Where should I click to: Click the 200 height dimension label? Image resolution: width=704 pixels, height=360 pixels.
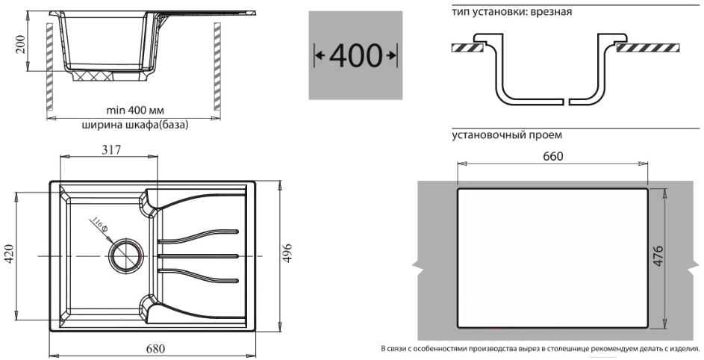tap(21, 43)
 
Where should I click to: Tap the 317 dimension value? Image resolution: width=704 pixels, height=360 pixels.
tap(111, 149)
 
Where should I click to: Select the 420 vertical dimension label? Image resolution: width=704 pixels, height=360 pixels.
tap(9, 254)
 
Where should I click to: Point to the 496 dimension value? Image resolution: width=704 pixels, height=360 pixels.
tap(287, 254)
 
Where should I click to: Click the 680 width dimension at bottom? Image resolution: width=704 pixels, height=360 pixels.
tap(155, 348)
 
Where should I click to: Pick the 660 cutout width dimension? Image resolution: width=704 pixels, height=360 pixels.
tap(552, 156)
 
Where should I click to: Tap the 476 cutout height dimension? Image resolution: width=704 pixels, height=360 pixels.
tap(658, 256)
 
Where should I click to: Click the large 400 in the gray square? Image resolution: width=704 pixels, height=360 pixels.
tap(355, 55)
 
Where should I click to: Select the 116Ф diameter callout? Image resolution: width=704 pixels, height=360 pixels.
tap(100, 226)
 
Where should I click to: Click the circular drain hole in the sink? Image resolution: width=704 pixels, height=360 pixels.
tap(126, 255)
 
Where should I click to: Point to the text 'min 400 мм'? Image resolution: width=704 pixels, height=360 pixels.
tap(134, 110)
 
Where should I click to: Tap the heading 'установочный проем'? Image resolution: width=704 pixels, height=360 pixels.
tap(507, 135)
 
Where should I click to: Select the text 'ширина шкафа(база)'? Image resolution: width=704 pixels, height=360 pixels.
tap(134, 125)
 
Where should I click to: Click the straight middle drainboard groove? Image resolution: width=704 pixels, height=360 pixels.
tap(199, 256)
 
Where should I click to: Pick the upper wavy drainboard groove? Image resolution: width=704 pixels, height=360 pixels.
tap(199, 238)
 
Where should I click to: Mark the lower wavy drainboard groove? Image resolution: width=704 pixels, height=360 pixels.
tap(199, 275)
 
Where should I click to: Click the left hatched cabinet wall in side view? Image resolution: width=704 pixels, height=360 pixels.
tap(49, 66)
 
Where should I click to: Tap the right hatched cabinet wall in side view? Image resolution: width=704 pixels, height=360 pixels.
tap(217, 66)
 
